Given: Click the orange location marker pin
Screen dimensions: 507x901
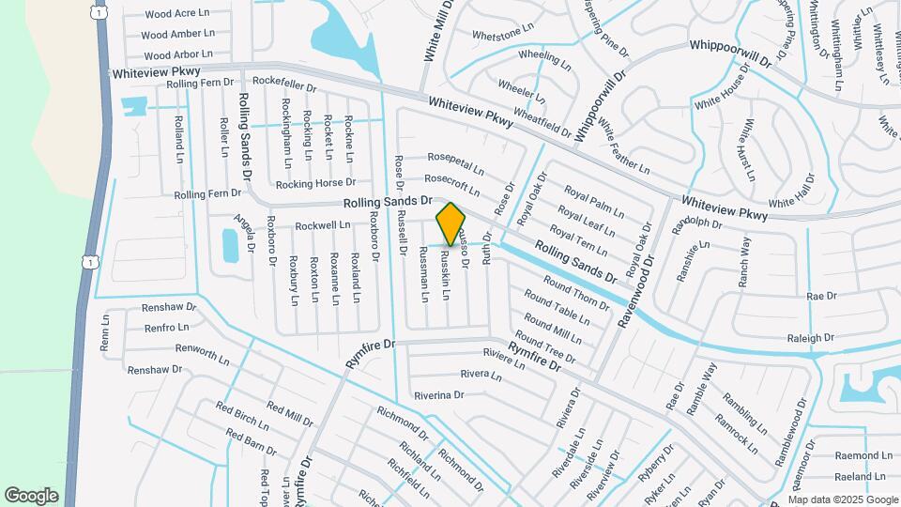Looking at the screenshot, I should tap(451, 223).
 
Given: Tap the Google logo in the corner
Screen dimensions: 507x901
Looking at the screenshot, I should tap(31, 496).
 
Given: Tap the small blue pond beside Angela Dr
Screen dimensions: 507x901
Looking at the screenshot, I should tap(230, 245).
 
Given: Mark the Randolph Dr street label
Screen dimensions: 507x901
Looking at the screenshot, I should tap(697, 224).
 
